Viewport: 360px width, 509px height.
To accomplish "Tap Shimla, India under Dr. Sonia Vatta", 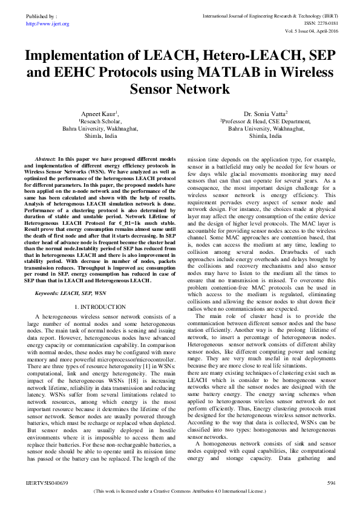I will click(x=266, y=137).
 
